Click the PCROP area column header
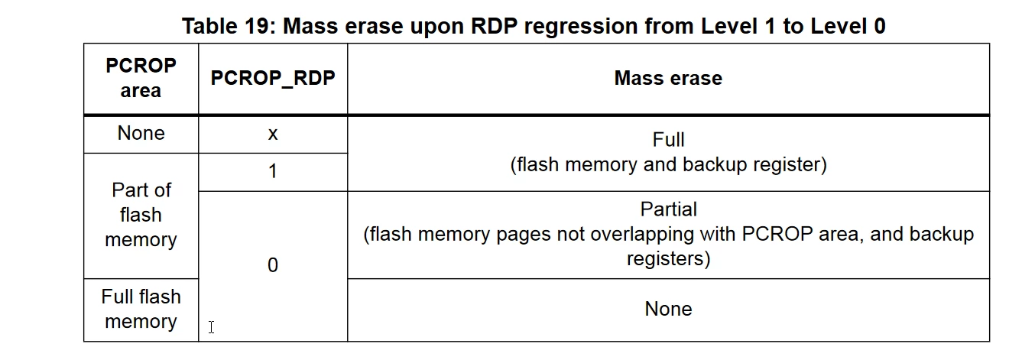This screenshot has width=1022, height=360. (x=141, y=78)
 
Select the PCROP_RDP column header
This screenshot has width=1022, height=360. (x=273, y=78)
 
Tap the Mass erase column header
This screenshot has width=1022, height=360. (x=668, y=78)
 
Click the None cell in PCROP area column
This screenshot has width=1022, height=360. (x=141, y=133)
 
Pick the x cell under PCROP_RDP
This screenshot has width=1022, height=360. (x=273, y=135)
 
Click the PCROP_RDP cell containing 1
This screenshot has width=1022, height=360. (x=273, y=171)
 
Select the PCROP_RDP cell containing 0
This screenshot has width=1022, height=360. (x=273, y=265)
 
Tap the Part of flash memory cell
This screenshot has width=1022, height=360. (x=141, y=215)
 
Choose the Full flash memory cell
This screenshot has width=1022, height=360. (x=141, y=309)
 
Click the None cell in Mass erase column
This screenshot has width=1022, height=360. (x=668, y=309)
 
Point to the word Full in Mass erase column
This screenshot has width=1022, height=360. (x=668, y=140)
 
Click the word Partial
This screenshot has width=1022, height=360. (x=668, y=209)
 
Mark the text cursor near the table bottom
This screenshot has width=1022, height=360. (x=211, y=327)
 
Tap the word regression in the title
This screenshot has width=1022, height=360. (x=581, y=27)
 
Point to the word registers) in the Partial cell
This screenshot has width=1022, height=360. (x=668, y=259)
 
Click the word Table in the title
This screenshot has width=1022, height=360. (x=210, y=26)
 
